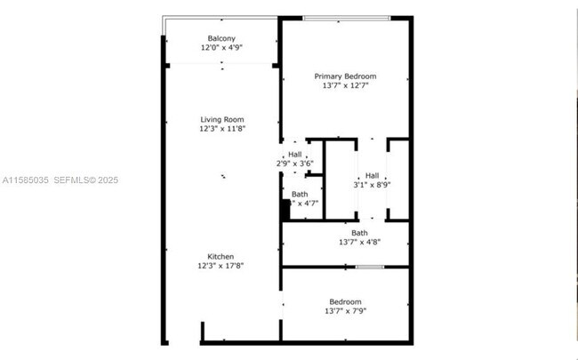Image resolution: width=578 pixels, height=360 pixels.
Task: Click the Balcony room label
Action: [221, 37]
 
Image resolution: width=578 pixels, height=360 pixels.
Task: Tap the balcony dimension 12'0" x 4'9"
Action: [221, 48]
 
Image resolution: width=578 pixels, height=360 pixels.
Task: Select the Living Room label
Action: [221, 119]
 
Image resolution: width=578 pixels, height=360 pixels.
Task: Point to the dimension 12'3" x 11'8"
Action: [221, 129]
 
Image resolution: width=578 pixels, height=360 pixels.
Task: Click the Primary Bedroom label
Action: [345, 76]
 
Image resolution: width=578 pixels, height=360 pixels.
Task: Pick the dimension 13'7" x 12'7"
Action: [345, 86]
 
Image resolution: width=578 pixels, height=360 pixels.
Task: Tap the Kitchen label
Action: [221, 256]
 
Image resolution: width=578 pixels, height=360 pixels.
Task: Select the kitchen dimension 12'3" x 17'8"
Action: [221, 265]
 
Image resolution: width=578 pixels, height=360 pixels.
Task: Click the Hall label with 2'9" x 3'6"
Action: [294, 154]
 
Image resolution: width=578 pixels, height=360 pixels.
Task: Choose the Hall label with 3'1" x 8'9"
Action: [372, 175]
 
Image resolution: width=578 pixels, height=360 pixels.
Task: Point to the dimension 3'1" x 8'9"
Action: [372, 185]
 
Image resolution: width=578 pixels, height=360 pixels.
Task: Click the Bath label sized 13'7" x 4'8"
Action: [359, 233]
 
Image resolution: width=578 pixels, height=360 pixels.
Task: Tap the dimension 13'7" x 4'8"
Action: [359, 242]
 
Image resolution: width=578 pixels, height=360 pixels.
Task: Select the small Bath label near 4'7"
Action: [300, 193]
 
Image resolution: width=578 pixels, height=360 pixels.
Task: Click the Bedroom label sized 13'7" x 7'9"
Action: [345, 301]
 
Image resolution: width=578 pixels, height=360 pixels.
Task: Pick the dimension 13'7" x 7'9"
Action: [345, 311]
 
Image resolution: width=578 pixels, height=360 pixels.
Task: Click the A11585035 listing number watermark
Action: [25, 180]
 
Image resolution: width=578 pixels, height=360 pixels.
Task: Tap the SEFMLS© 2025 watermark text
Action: [86, 180]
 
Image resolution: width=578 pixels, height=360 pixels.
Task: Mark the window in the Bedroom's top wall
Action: [370, 267]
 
